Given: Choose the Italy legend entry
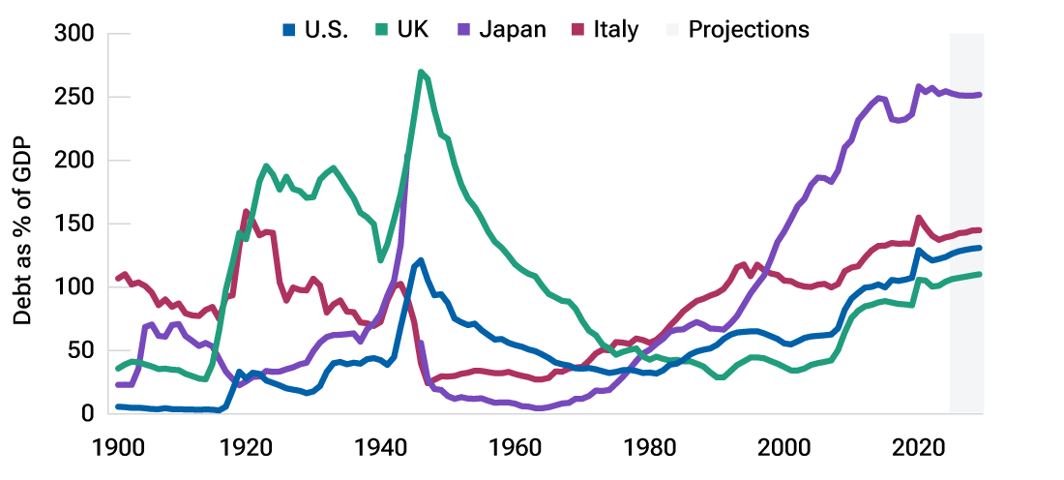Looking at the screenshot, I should coord(606,29).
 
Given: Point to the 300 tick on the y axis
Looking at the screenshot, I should coord(74,34).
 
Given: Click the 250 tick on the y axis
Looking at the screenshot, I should coord(74,98).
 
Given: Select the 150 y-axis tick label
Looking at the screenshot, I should coord(74,224).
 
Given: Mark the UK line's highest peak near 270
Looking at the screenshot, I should coord(421,72).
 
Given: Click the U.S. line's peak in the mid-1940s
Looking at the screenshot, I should coord(421,260).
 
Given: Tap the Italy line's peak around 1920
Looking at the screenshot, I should coord(246,211).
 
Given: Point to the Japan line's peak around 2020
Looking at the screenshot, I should coord(919,87).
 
